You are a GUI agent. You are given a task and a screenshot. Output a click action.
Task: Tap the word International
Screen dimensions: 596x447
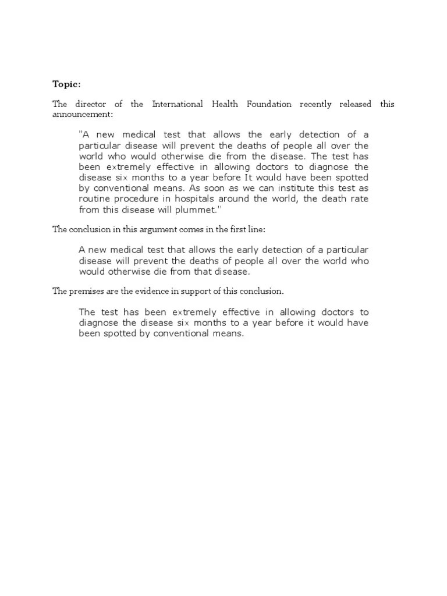tap(178, 105)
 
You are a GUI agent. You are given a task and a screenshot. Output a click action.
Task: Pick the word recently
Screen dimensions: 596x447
tap(316, 105)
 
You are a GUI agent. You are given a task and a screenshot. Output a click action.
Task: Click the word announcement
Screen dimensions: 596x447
tap(85, 115)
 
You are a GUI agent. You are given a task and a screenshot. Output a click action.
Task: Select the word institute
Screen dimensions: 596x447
tap(305, 189)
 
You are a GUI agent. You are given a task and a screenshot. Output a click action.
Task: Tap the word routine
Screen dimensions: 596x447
tap(94, 199)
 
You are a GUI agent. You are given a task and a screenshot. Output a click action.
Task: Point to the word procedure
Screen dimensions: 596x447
tap(137, 199)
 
